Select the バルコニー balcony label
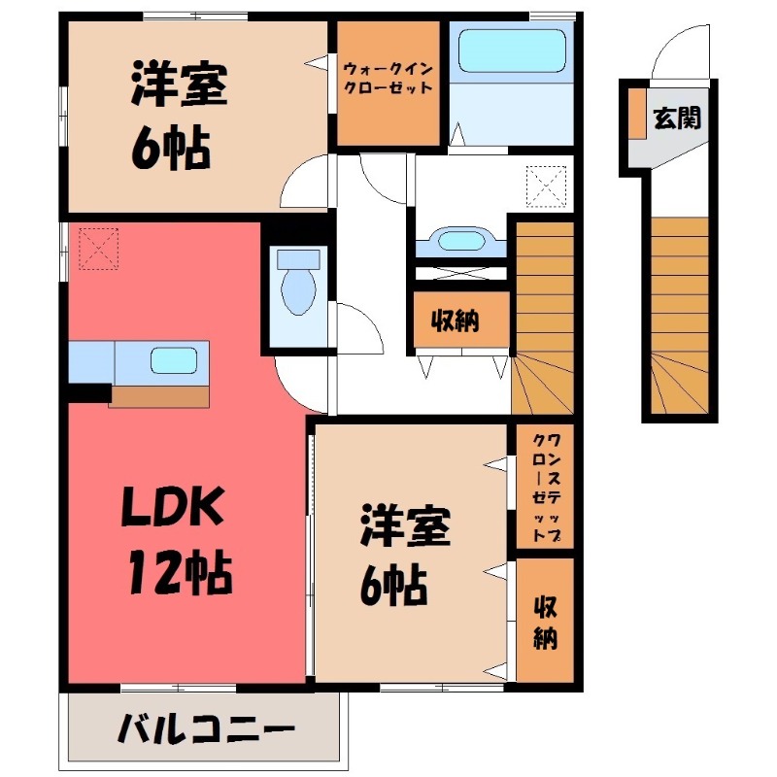[206, 728]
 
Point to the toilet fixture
[298, 283]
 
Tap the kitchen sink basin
[176, 360]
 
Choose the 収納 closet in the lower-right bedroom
[545, 623]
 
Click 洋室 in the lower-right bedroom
[406, 527]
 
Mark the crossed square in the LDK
[97, 249]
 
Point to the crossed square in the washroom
[546, 186]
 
